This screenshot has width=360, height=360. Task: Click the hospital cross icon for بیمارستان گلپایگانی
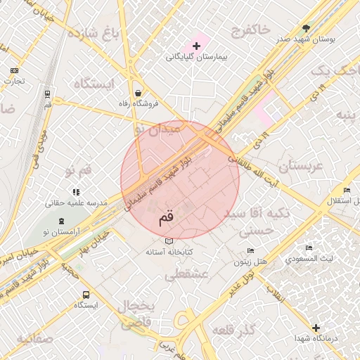coord(196,46)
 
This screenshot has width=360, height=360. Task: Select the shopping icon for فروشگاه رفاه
coord(138,93)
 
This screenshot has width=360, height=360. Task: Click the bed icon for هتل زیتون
coord(251,251)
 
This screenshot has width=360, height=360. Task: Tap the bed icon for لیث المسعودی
coord(308,248)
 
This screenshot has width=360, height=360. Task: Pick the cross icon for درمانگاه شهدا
coord(316,328)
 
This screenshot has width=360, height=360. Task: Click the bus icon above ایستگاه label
coord(86,295)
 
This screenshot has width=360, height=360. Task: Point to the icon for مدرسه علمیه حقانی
coord(76,191)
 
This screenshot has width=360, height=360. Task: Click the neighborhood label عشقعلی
coord(187,276)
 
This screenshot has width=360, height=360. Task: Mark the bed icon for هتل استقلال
coord(346,191)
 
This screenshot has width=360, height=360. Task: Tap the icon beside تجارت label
coord(15,70)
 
